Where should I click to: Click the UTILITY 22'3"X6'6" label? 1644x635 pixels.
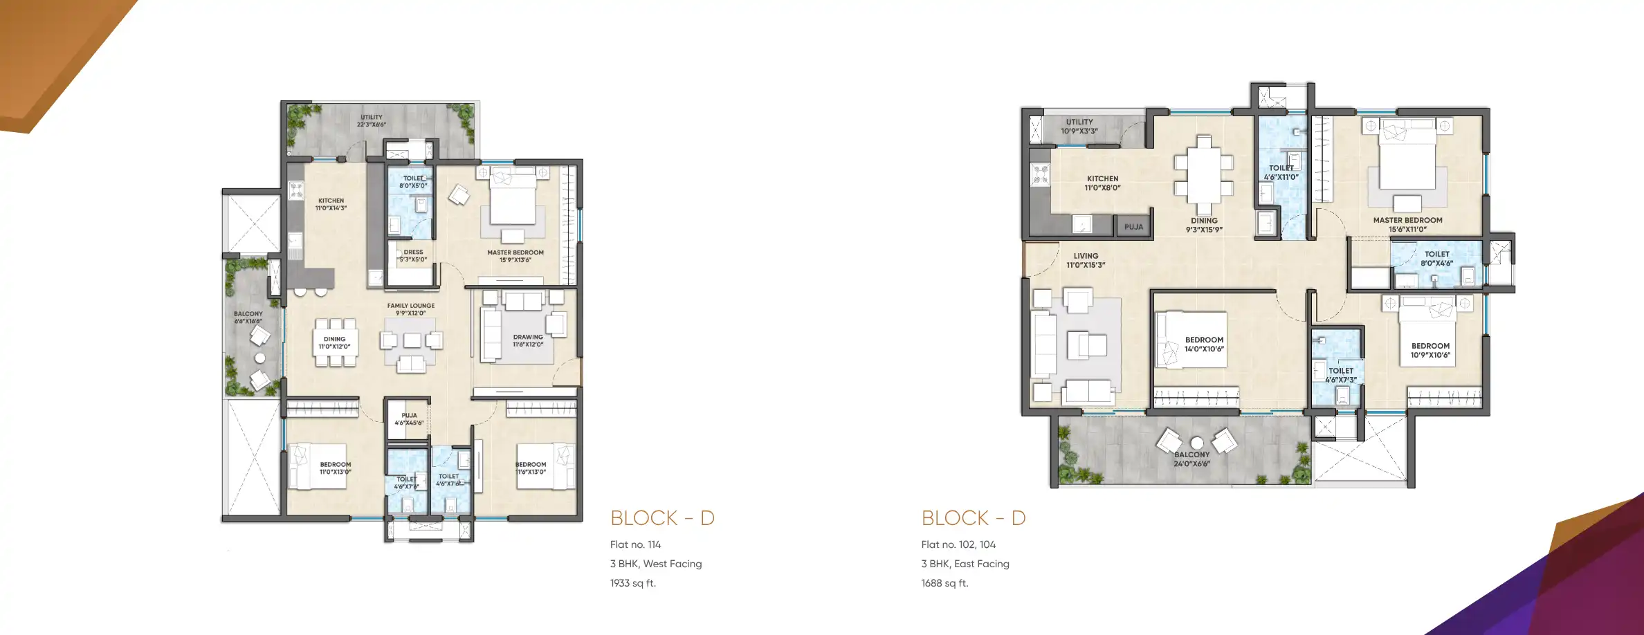pos(372,121)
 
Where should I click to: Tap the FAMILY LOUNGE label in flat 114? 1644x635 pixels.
pos(411,309)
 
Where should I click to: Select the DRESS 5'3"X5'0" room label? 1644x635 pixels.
pos(413,256)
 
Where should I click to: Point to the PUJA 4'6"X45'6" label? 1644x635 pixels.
pos(409,419)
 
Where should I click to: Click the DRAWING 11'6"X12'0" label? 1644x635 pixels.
pos(528,340)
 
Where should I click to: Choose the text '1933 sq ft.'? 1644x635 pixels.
pos(632,583)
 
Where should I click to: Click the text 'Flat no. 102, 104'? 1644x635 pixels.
pos(958,544)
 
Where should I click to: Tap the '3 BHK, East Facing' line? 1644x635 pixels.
pos(965,564)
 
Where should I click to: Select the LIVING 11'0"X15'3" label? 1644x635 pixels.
pos(1086,260)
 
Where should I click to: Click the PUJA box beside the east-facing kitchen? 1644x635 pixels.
pos(1133,226)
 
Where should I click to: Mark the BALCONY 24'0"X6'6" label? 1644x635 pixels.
pos(1191,459)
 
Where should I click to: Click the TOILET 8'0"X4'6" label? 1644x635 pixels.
pos(1436,258)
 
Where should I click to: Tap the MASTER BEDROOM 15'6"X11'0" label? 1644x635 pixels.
pos(1407,224)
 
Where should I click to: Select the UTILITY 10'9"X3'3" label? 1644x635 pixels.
pos(1079,126)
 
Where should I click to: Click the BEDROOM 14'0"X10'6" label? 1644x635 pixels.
pos(1204,344)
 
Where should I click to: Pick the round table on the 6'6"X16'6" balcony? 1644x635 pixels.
pos(260,358)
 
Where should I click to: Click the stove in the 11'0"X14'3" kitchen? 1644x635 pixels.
pos(296,189)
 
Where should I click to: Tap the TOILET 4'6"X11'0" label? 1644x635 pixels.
pos(1281,172)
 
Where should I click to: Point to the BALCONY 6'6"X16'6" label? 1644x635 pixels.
pos(248,317)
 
